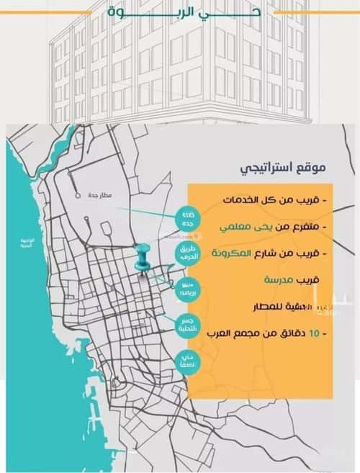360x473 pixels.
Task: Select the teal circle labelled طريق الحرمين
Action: point(186,254)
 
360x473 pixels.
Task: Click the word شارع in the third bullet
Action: point(269,253)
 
